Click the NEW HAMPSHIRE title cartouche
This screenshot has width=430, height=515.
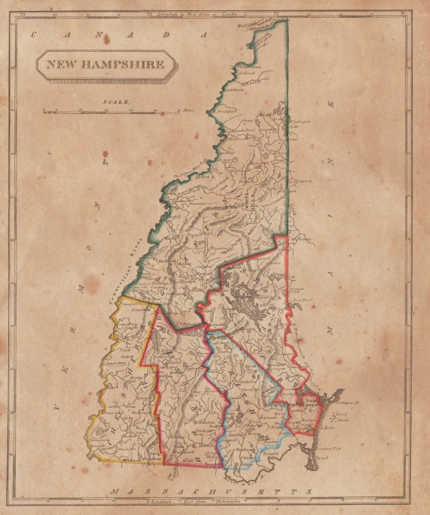point(105,66)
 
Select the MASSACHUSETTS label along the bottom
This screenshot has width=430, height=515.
point(205,492)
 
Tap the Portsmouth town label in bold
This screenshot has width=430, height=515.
point(312,400)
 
